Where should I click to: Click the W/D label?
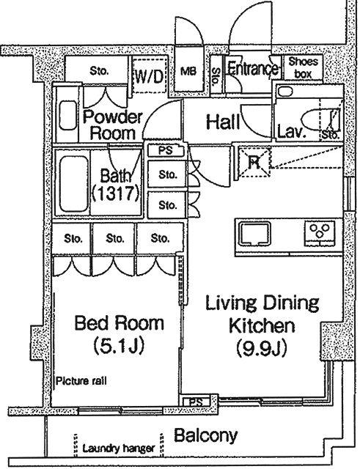[x=149, y=77]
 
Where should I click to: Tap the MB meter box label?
[x=188, y=72]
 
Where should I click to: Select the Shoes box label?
[x=303, y=67]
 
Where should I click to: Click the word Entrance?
[x=253, y=68]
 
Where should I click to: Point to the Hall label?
[x=223, y=122]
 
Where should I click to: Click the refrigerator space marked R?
[x=254, y=162]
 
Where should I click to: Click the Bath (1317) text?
[x=116, y=185]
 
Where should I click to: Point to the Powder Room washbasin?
[x=68, y=115]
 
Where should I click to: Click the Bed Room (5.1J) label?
[x=119, y=334]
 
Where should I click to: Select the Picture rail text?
[x=81, y=381]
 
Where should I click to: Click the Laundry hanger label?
[x=119, y=448]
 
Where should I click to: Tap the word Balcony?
[x=206, y=435]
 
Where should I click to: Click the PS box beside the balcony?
[x=196, y=402]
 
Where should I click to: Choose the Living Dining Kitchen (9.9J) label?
[x=262, y=325]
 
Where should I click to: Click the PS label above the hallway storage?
[x=166, y=150]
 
